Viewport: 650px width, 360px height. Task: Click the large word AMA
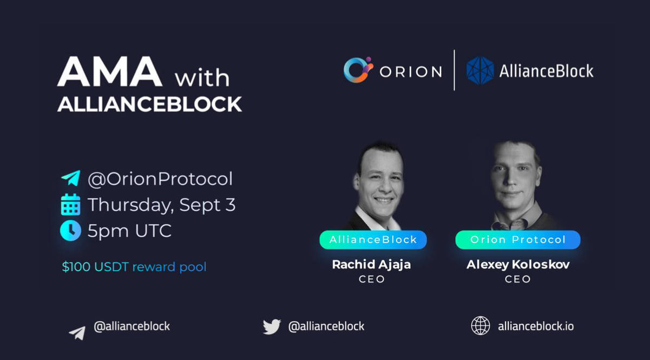tap(110, 71)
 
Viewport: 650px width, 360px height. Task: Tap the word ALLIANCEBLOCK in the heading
tap(150, 104)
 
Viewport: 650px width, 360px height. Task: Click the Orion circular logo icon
tap(358, 70)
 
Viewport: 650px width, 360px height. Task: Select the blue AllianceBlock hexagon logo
tap(480, 70)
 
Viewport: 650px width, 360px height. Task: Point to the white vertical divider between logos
tap(454, 70)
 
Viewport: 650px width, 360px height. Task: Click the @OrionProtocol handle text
tap(160, 179)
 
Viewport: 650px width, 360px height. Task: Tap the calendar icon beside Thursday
tap(70, 205)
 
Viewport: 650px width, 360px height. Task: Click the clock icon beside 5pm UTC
tap(70, 231)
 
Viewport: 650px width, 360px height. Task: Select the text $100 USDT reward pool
tap(134, 267)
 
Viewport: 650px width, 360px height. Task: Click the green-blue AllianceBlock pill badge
tap(373, 239)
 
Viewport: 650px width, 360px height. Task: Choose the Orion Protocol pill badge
tap(518, 239)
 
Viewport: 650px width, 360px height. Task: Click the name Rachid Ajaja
tap(371, 265)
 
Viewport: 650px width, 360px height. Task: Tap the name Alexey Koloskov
tap(518, 265)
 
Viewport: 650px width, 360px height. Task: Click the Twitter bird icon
tap(272, 326)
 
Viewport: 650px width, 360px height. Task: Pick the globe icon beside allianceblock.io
tap(480, 326)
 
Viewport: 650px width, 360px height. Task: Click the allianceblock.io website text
tap(536, 326)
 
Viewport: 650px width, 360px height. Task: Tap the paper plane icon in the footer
tap(77, 333)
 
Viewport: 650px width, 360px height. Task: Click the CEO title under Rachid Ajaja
tap(372, 279)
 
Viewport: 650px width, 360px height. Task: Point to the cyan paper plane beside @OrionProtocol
tap(70, 178)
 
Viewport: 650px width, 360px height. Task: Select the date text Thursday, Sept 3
tap(162, 205)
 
